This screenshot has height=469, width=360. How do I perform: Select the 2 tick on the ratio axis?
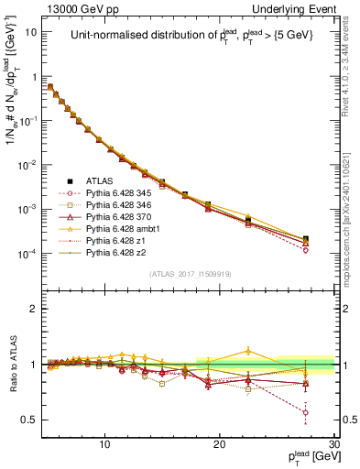click(x=34, y=309)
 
